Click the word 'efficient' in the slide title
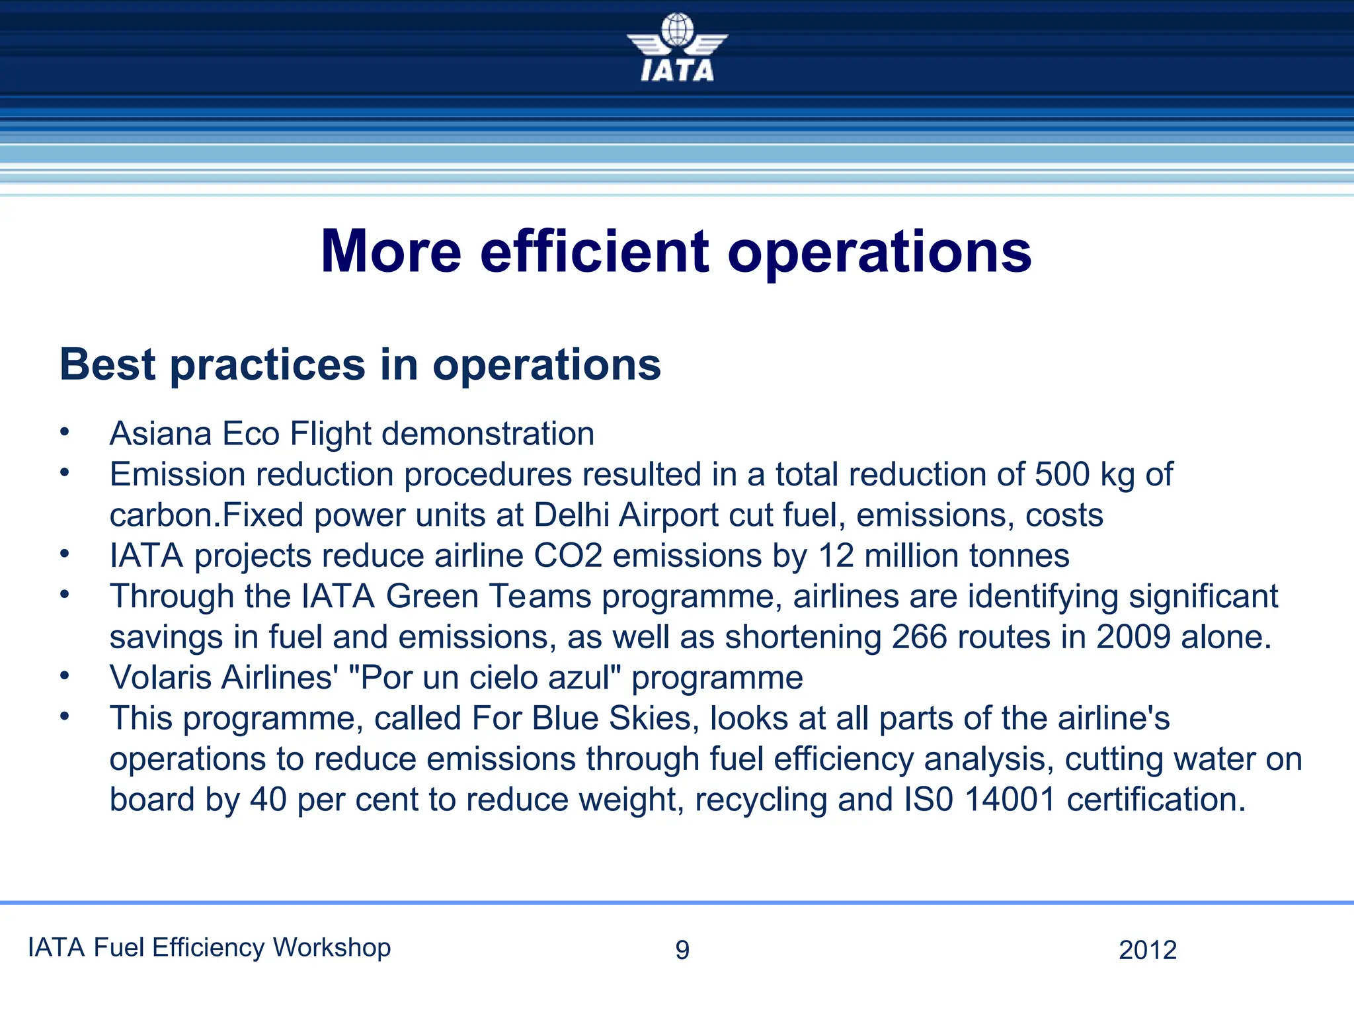tap(594, 252)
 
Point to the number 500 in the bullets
tap(1062, 474)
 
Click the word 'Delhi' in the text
tap(571, 515)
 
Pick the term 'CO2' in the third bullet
tap(568, 556)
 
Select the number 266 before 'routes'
tap(919, 637)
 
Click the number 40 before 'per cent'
tap(268, 800)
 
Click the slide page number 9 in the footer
tap(682, 951)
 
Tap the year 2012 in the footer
tap(1148, 951)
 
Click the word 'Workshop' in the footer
tap(332, 948)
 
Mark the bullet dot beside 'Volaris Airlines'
tap(64, 676)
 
